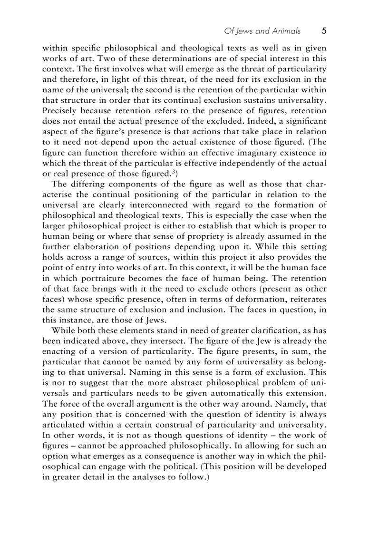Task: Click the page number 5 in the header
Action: coord(324,31)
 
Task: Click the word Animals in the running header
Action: coord(284,31)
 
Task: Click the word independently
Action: coord(257,163)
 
